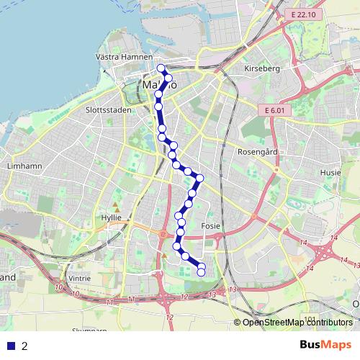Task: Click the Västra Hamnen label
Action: coord(124,56)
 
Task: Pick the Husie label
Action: coord(330,173)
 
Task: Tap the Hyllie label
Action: coord(112,217)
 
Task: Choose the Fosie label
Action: coord(210,225)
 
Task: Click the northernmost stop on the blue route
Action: coord(161,69)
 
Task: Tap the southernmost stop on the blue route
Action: coord(201,273)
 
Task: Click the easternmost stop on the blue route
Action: coord(200,178)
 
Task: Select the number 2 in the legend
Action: coord(25,346)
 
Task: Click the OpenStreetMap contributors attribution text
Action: coord(297,323)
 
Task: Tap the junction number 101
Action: coord(310,318)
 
